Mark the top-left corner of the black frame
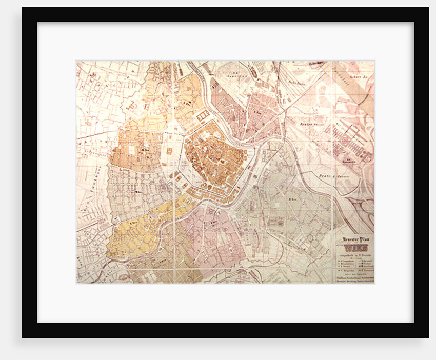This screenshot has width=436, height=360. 23,8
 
